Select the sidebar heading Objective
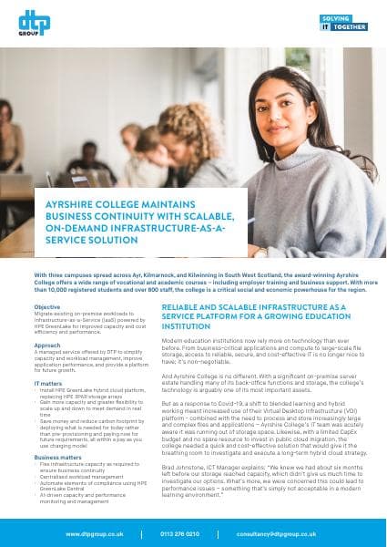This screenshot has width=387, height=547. point(47,307)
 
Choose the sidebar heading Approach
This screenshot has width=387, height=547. point(48,346)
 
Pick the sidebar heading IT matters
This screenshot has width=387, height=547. point(49,384)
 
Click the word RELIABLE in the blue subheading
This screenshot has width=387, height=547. point(182,309)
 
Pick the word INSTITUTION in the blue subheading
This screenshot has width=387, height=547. point(193,331)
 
